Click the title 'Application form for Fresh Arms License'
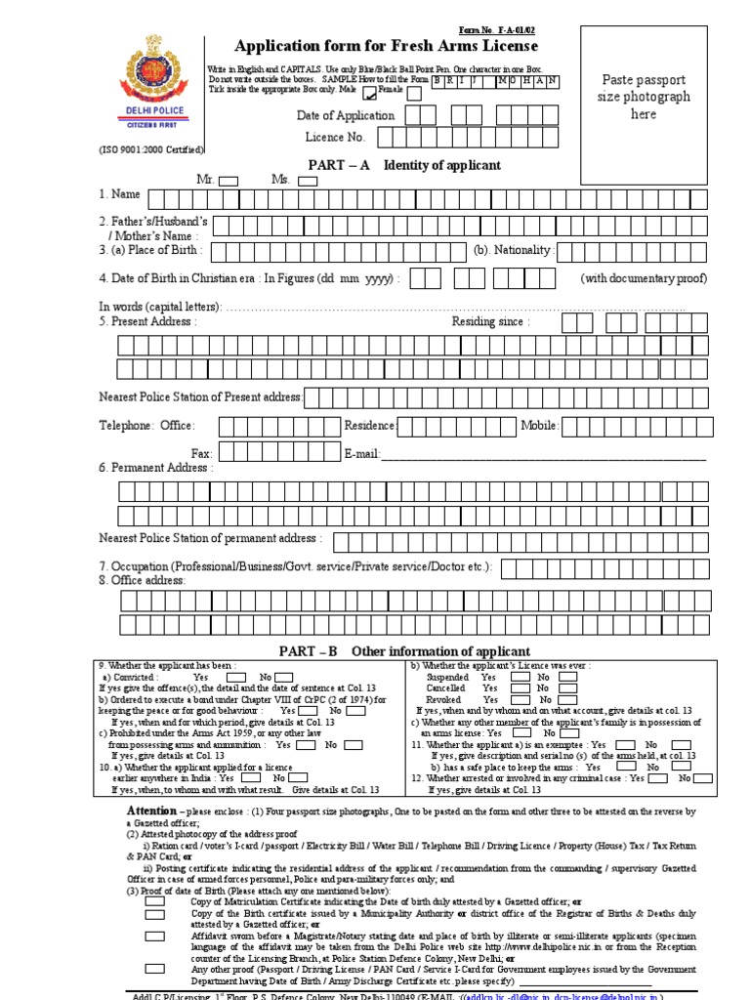386,46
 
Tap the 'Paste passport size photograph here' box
644,97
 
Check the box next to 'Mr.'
229,181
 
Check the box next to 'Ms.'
308,181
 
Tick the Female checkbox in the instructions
414,94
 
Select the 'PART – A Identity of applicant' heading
404,165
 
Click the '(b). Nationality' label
514,251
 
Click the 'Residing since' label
490,321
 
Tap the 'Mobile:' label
539,426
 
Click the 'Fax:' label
202,454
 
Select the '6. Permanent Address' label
155,468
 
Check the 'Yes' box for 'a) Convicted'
235,677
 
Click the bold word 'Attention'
151,812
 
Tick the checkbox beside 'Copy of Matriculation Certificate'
154,901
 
